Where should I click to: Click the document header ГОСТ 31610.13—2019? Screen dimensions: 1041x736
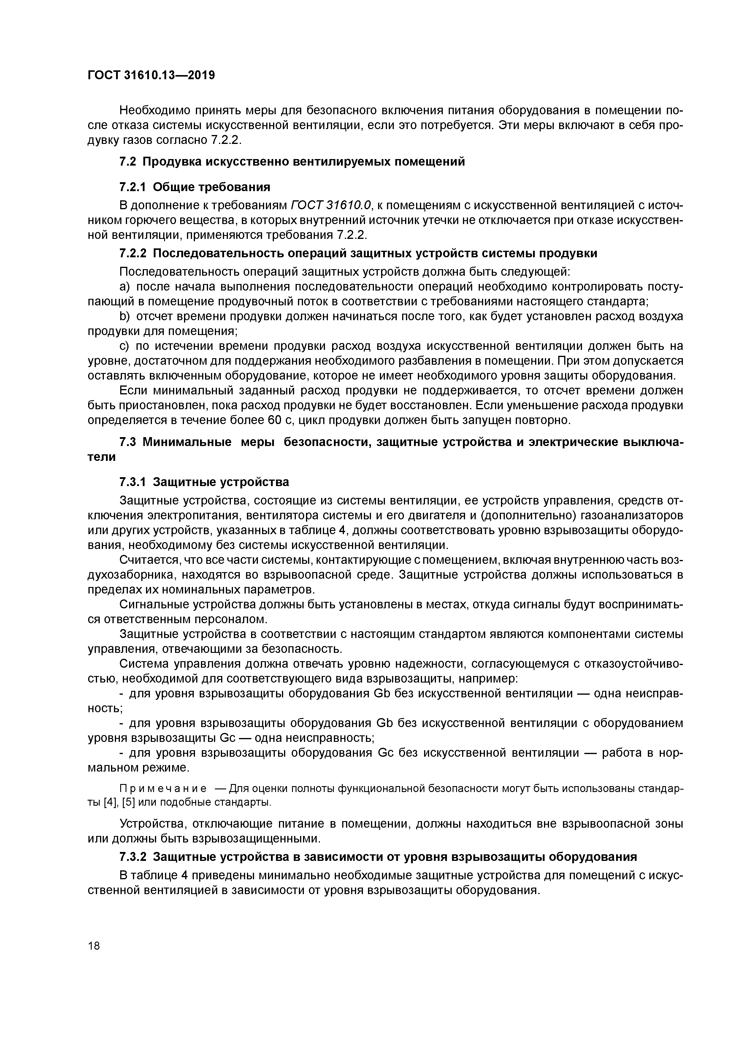[151, 75]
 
